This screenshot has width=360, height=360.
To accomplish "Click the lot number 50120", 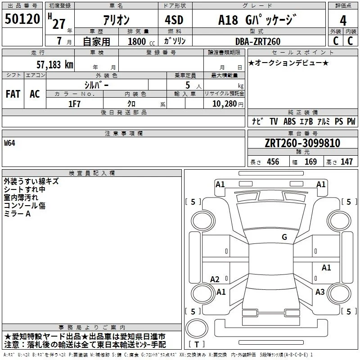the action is coord(22,19).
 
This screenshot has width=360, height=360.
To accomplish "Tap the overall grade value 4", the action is coord(343,21).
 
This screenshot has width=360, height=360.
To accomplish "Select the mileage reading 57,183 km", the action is coord(55,65).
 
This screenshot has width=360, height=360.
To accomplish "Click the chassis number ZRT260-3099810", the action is coord(302,143).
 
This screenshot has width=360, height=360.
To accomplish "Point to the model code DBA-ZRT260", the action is coord(258,41).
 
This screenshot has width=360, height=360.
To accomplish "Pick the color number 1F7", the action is coord(74,104).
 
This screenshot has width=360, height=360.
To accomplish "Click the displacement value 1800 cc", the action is coord(141,41).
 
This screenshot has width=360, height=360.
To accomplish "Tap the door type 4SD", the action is coord(174,20).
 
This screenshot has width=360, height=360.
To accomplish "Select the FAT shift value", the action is coord(13,94).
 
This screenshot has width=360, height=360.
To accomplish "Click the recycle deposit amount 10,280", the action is coord(225,104).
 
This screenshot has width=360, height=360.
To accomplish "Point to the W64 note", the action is coord(9,143).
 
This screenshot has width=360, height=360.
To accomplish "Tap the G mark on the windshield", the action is coord(284,237).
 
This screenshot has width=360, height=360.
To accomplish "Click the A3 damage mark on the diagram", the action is coord(320,292).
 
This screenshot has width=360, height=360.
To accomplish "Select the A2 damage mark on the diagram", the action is coord(215,279).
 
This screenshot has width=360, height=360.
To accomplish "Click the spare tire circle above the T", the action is coord(197,328).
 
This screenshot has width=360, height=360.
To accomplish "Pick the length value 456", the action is coord(273,162).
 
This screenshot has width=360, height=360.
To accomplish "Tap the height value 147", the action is coord(346,162).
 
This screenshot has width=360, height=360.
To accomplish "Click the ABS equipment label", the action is coord(289,121).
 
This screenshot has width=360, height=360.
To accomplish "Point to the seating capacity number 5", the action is coord(188,85).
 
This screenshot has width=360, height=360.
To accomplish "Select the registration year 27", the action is coord(59,24).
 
